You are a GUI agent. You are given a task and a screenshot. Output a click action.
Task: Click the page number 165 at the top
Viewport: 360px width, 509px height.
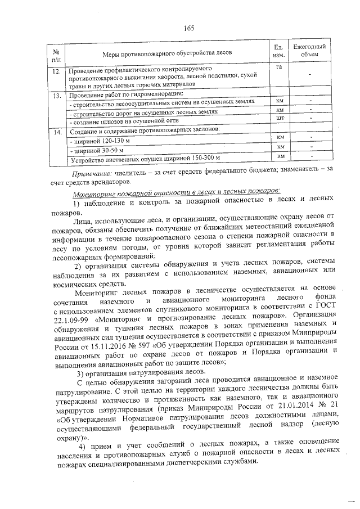[x=188, y=28]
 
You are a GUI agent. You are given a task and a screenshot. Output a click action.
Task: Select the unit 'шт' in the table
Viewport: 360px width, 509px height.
[x=280, y=119]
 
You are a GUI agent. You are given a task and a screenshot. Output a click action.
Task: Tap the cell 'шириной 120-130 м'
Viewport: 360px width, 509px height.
[x=100, y=140]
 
